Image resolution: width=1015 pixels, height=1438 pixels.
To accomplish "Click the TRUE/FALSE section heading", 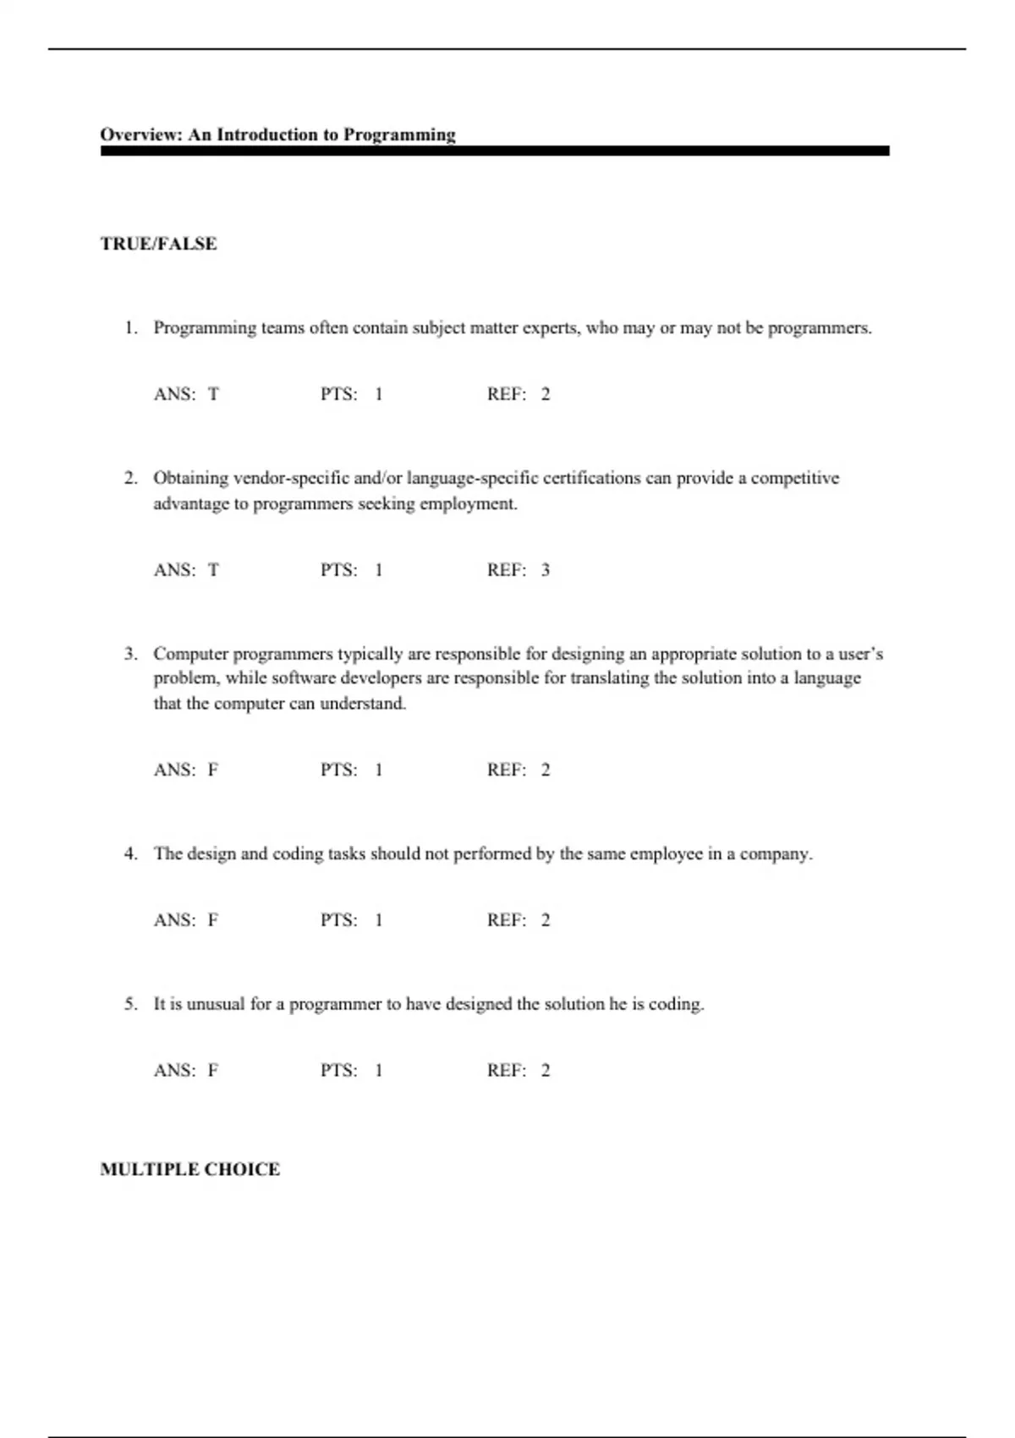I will (158, 244).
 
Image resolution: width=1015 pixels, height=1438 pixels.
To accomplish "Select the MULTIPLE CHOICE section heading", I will (189, 1169).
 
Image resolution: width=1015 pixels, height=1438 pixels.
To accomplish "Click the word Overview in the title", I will (140, 134).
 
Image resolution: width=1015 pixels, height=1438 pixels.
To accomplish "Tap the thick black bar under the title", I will (495, 151).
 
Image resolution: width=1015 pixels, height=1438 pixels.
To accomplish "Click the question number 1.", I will (130, 327).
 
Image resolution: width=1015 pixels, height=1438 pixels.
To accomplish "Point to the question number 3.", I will (130, 654).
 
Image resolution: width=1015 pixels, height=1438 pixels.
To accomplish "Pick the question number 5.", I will (130, 1004).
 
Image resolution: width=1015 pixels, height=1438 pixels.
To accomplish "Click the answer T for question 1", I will (213, 394).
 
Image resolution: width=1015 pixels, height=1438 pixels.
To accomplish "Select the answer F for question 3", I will (213, 770).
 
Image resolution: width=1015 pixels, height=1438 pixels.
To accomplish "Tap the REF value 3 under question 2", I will (546, 570).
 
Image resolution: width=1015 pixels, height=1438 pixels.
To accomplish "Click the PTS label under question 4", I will (338, 920).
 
